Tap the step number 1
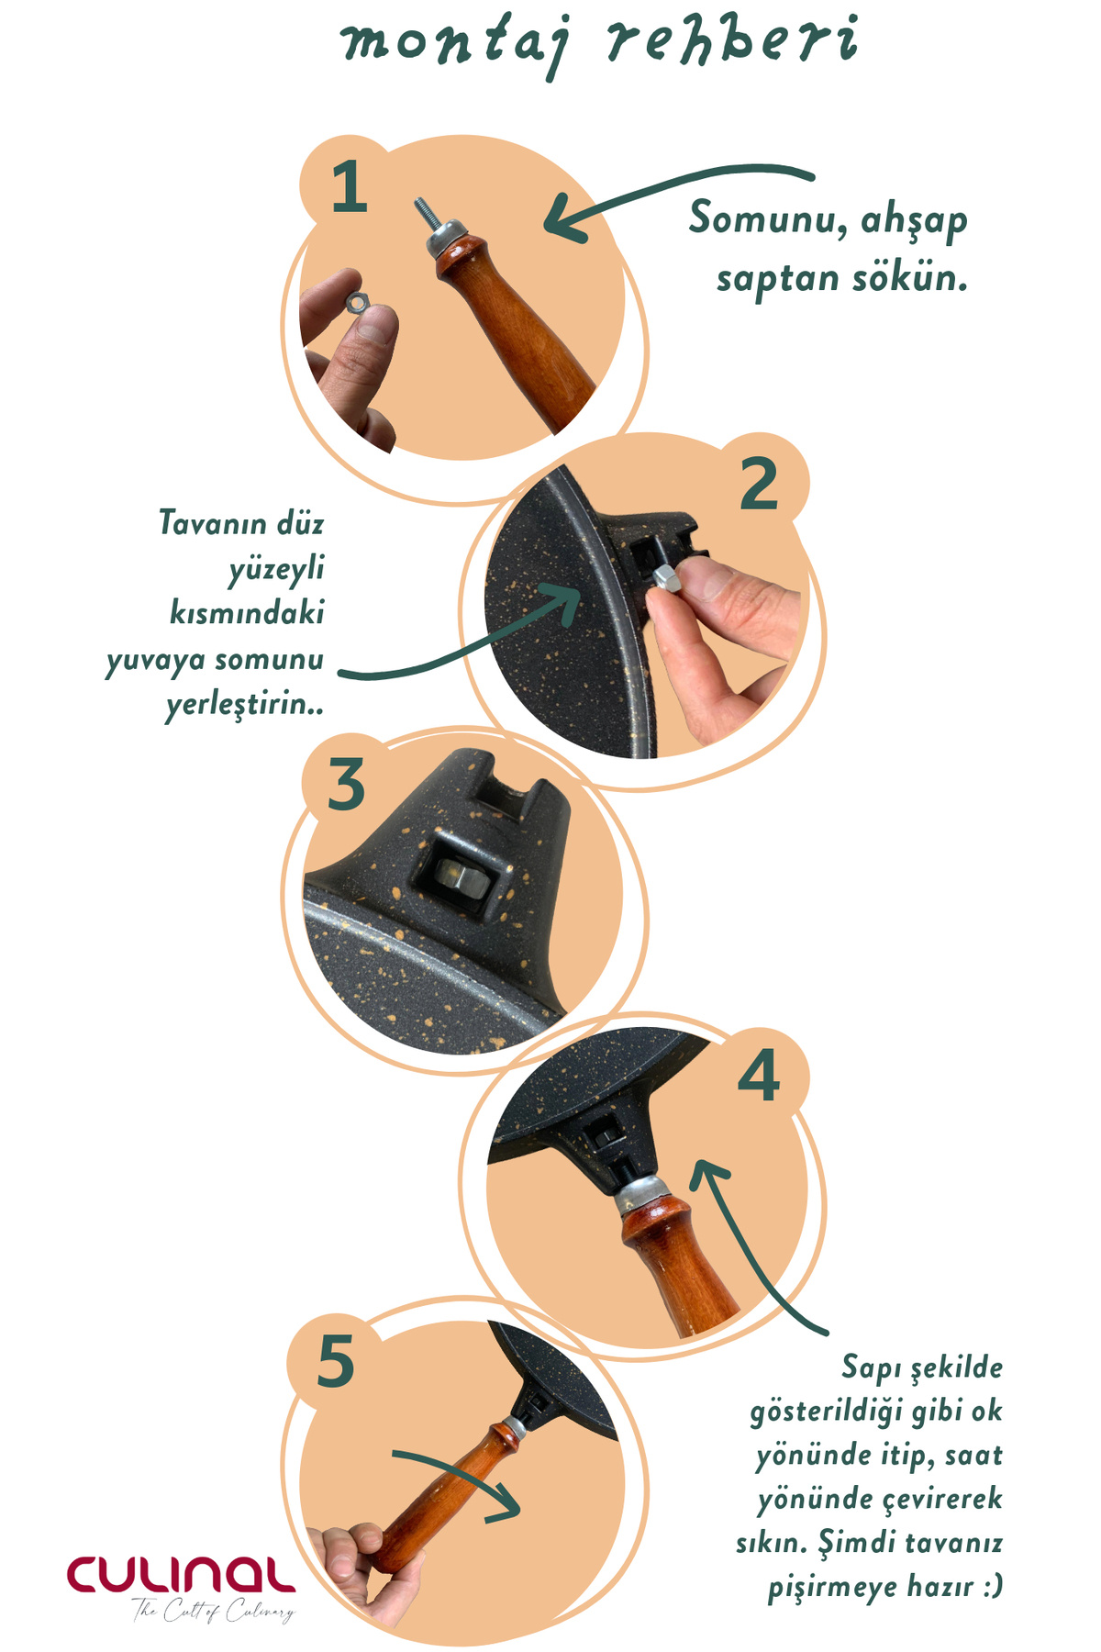pyautogui.click(x=350, y=187)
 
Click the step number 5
pyautogui.click(x=336, y=1360)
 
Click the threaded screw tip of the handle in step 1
pyautogui.click(x=425, y=217)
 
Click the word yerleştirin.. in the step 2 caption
pyautogui.click(x=245, y=706)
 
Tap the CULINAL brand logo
pyautogui.click(x=181, y=1575)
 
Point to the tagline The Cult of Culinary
pyautogui.click(x=213, y=1612)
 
